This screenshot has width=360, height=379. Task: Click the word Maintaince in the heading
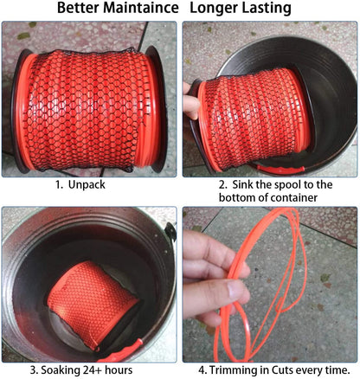[141, 8]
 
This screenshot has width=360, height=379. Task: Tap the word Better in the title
[78, 8]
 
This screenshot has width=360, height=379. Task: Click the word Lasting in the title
[266, 9]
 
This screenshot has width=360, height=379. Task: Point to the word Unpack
[87, 184]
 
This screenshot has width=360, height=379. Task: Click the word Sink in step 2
[242, 184]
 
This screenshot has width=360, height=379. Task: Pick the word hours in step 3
[119, 369]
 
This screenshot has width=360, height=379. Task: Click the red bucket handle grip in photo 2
[280, 170]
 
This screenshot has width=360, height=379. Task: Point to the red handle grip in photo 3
[120, 352]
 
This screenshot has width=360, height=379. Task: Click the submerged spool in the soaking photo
[93, 305]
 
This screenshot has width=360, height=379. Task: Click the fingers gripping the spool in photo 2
[190, 101]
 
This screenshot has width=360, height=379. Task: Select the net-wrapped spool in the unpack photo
[89, 110]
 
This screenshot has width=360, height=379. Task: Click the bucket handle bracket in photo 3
[170, 232]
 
